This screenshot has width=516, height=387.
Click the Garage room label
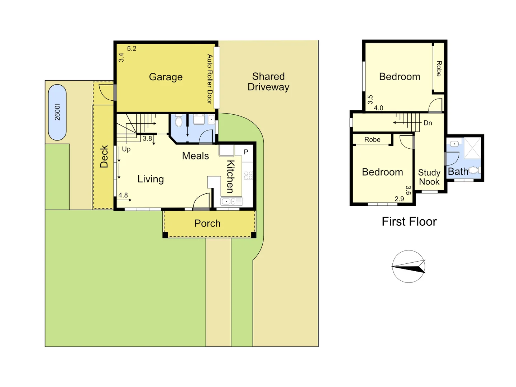click(x=166, y=77)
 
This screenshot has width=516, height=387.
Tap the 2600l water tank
click(x=57, y=112)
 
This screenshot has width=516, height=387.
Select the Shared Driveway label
click(x=268, y=82)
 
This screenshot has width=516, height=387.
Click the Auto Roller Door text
click(x=210, y=79)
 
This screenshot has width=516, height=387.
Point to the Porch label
click(x=207, y=223)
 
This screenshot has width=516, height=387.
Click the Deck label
click(x=104, y=157)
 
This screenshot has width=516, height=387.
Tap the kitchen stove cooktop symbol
click(x=248, y=175)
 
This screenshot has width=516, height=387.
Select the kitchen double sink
click(x=231, y=201)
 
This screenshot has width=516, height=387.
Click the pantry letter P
click(x=246, y=152)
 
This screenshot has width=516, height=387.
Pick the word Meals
click(x=195, y=156)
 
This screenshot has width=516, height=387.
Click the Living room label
click(x=150, y=179)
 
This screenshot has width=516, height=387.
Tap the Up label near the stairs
click(x=126, y=149)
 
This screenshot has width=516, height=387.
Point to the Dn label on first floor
click(x=427, y=123)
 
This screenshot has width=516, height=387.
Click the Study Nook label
click(x=429, y=177)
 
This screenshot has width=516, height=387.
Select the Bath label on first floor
click(x=458, y=172)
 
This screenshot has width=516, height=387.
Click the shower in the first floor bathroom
click(x=473, y=147)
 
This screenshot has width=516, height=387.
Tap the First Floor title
click(x=409, y=221)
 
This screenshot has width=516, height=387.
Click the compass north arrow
click(x=408, y=266)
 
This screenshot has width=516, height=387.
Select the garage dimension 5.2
click(x=132, y=49)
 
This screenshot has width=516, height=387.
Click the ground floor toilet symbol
click(x=179, y=121)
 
